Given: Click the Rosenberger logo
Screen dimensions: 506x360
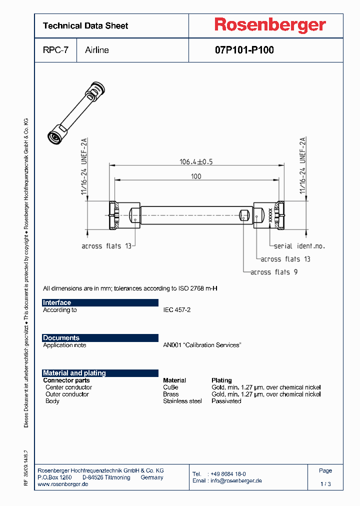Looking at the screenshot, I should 270,25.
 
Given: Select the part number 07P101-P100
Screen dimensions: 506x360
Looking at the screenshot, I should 244,50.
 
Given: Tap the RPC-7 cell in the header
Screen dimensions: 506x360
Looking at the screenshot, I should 55,50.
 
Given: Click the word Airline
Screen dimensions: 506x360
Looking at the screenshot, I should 97,50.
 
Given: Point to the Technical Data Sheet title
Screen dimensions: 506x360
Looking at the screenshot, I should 85,25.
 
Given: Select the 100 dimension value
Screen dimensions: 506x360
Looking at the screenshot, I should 196,176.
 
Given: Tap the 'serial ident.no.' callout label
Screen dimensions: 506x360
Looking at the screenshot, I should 299,246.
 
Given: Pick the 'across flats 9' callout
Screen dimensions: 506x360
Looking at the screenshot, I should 274,272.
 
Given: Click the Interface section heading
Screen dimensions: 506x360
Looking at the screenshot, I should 57,302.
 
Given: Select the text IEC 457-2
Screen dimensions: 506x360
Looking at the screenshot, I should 176,310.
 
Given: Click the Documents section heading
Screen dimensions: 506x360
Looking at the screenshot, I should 61,338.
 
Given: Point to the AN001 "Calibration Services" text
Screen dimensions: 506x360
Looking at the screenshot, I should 202,345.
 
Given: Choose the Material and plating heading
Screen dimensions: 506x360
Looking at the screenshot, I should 74,373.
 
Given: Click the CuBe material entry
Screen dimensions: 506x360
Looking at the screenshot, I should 170,387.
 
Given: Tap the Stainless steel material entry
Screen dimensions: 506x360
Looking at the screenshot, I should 182,401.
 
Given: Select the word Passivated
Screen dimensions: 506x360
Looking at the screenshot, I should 226,401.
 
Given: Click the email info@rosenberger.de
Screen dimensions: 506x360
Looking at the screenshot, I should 234,480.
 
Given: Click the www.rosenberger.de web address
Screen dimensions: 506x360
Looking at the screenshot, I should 63,484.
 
